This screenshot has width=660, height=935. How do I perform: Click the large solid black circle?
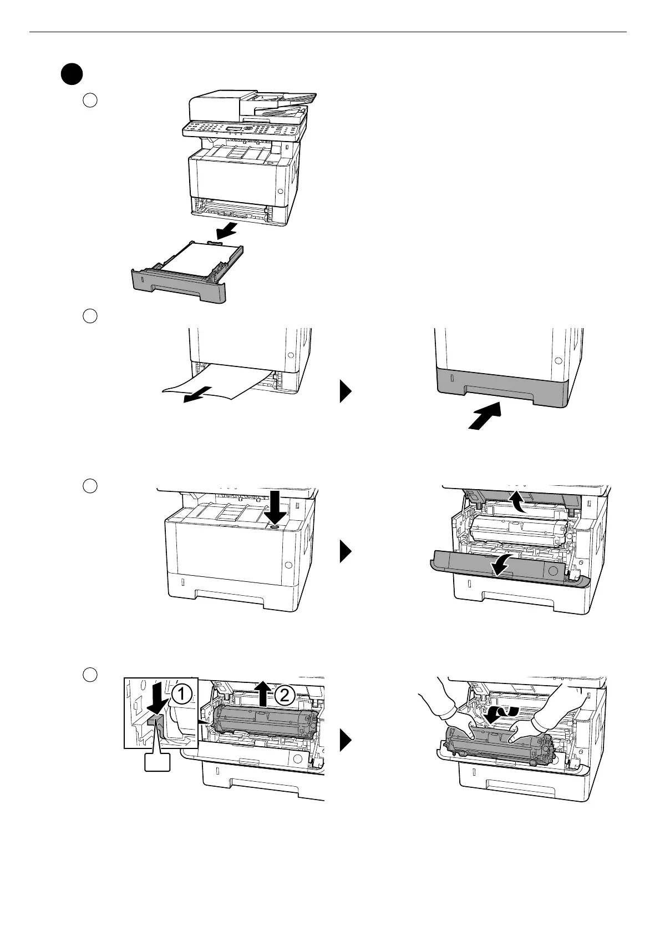coord(72,74)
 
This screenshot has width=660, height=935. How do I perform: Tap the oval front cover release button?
coord(275,527)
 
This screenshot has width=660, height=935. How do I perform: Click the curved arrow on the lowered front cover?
coord(502,567)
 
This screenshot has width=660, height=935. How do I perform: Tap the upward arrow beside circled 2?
coord(262,693)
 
